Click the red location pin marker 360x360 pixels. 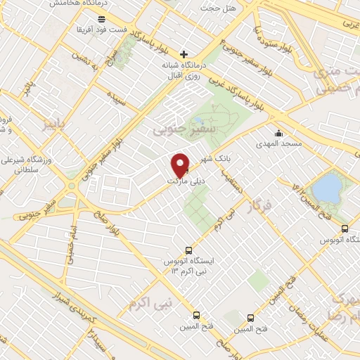(181, 165)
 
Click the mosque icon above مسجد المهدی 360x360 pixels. (278, 133)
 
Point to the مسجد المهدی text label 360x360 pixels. (278, 143)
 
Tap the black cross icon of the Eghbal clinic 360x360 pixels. (184, 54)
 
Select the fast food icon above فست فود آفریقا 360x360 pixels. (102, 19)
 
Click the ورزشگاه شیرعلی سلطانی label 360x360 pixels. (29, 165)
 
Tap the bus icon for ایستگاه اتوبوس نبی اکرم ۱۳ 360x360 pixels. (188, 250)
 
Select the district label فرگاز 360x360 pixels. (259, 205)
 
